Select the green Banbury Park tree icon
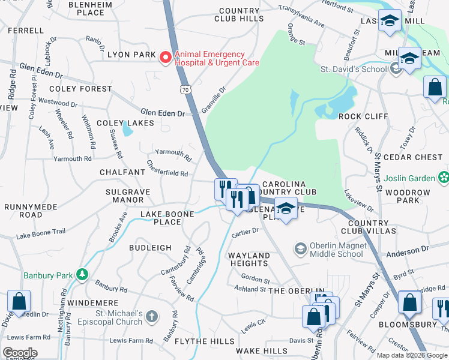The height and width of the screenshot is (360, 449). pos(82,275)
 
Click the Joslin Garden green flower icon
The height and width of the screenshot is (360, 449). pos(443,178)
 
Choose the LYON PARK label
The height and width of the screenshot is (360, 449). pos(131,55)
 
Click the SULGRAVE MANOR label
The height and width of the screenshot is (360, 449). pos(124,196)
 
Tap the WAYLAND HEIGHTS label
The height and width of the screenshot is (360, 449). pos(249,260)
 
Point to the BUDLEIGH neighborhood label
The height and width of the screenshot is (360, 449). pos(149,247)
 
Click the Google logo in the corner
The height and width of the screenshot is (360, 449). pos(20,353)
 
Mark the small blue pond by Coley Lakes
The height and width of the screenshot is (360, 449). pos(126,129)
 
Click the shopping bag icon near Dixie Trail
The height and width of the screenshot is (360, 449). pos(19,301)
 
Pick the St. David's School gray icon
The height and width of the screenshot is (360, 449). pos(395,69)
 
